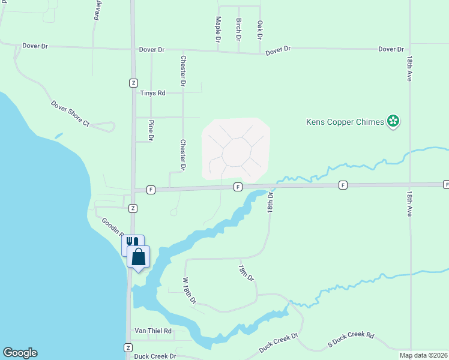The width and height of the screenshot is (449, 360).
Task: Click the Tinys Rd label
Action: [x=152, y=93]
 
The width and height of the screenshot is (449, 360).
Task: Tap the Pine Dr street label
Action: [x=151, y=130]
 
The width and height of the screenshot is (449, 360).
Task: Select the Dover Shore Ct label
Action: [x=70, y=113]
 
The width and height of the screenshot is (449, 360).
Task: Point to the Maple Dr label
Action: [x=218, y=29]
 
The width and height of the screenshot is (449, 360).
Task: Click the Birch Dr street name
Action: [x=238, y=29]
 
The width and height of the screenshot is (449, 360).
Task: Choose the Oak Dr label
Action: [x=259, y=30]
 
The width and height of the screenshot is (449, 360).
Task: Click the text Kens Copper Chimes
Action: [x=345, y=122]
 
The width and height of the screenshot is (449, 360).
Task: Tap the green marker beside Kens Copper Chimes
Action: [x=393, y=122]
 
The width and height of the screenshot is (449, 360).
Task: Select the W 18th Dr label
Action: [x=189, y=290]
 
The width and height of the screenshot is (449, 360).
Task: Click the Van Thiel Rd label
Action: [x=152, y=331]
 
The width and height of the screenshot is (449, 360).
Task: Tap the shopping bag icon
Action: [x=139, y=257]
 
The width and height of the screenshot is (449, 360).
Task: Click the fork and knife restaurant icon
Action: [x=131, y=243]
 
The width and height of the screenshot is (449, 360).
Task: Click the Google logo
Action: [x=20, y=353]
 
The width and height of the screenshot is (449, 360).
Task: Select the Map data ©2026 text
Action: [x=424, y=355]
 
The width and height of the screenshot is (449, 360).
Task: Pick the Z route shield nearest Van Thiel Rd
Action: [x=128, y=348]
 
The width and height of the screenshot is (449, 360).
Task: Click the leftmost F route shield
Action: [x=151, y=190]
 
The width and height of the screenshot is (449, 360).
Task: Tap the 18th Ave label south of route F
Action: [x=409, y=205]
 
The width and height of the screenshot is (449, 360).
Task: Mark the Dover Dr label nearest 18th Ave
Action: [x=391, y=49]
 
